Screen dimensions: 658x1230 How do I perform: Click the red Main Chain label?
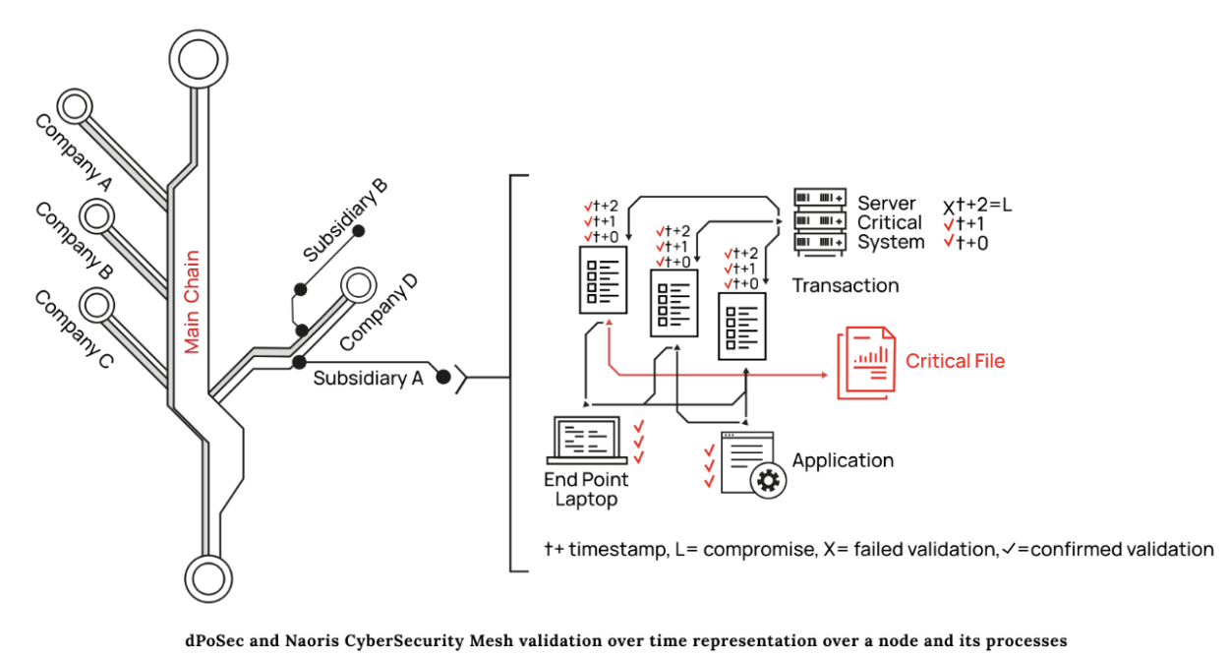(192, 302)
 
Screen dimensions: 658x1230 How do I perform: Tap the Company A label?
(74, 152)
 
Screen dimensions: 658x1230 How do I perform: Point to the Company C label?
(74, 328)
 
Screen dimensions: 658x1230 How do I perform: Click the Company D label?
(379, 312)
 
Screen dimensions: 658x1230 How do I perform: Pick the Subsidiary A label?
(368, 378)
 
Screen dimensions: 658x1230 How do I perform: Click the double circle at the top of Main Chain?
(197, 57)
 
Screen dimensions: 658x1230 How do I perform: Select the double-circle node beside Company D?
(357, 286)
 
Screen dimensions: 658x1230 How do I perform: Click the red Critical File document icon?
(866, 363)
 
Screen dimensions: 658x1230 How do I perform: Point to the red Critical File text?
(955, 361)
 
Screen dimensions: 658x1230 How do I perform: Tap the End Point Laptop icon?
(587, 440)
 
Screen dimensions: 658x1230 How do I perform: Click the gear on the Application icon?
(768, 480)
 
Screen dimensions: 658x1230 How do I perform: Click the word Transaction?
(846, 286)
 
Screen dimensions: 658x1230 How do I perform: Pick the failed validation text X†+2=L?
(977, 206)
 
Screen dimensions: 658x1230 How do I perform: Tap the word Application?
(843, 460)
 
